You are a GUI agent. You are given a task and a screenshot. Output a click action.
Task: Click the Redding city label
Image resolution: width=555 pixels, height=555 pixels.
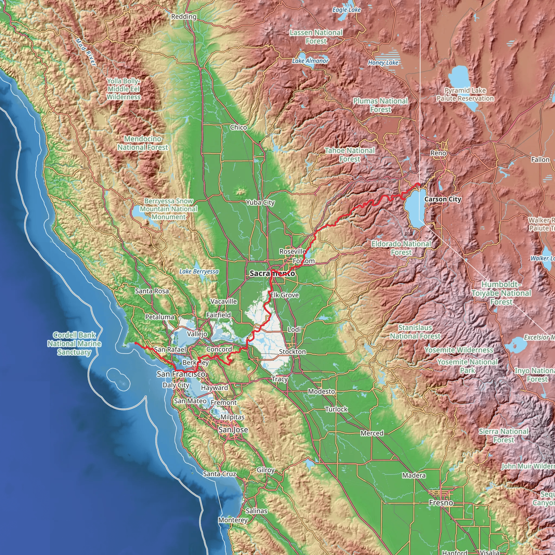[183, 17]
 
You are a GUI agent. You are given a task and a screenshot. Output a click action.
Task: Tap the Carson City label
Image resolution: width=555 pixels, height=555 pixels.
[443, 199]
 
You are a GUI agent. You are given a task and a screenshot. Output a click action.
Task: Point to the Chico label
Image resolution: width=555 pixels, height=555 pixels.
[238, 127]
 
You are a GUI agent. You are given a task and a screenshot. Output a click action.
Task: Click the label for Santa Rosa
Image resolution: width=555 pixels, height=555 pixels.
[152, 291]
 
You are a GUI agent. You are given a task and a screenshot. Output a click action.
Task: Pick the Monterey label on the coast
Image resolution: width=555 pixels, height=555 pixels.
[233, 520]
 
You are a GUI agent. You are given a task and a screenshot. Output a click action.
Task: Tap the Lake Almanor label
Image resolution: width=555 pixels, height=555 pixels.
[310, 61]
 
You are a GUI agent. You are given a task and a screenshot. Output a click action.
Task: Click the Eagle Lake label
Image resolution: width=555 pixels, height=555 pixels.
[346, 10]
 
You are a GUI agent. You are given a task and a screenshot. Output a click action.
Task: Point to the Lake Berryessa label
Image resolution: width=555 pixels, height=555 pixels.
[199, 272]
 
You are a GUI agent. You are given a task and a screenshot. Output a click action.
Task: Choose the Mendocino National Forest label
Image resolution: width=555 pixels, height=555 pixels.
[143, 143]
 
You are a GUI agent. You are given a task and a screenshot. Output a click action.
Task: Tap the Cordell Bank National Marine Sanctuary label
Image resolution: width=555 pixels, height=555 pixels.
[74, 344]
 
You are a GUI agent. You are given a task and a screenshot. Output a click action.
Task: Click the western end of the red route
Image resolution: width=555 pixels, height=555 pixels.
[135, 343]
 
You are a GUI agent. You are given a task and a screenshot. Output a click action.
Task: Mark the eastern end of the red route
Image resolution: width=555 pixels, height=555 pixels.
[420, 184]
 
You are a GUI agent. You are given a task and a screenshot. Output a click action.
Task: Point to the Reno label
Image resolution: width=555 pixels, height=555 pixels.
[438, 153]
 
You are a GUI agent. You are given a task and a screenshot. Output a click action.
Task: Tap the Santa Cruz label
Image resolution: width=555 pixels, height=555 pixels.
[220, 474]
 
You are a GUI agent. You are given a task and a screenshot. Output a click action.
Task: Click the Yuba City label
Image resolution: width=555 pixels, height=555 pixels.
[260, 202]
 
